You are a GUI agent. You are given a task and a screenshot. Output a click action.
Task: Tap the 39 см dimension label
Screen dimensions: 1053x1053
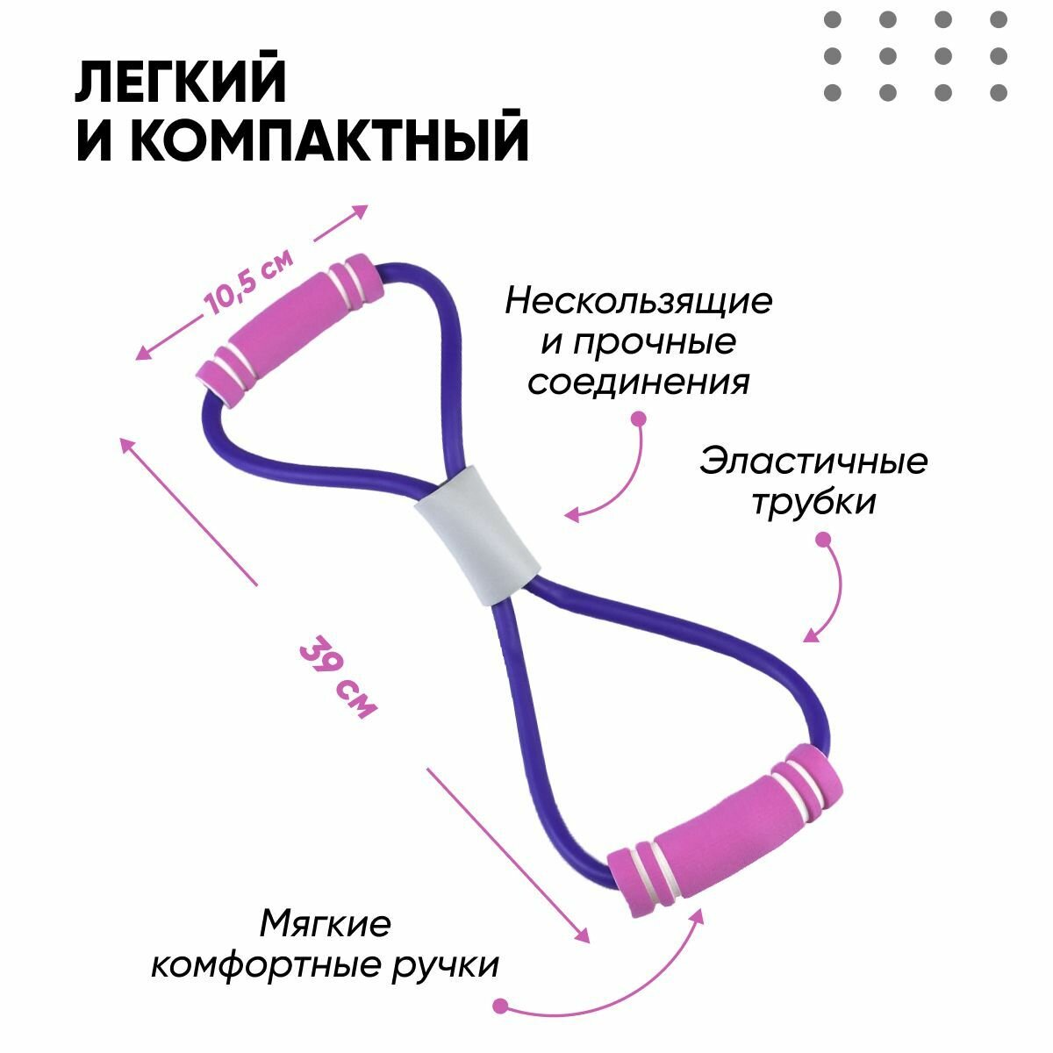click(339, 677)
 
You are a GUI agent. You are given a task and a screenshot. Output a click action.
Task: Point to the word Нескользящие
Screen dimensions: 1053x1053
click(638, 302)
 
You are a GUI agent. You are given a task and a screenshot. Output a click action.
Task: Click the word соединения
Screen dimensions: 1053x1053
click(638, 383)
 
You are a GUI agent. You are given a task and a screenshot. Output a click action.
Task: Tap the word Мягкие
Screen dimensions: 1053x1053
click(326, 924)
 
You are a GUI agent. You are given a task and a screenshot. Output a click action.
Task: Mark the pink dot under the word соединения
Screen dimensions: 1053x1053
click(638, 419)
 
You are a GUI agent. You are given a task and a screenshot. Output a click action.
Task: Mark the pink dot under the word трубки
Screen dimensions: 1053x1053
click(823, 541)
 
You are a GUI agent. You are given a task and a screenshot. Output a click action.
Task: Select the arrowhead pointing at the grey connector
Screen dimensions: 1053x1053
click(571, 516)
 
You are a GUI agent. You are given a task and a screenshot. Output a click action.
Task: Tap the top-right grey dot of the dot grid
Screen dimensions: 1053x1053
click(998, 19)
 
